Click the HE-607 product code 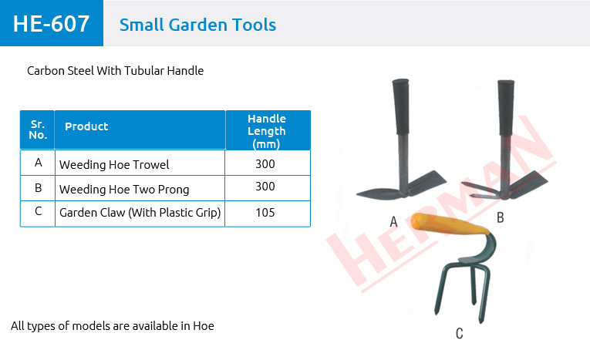[51, 24]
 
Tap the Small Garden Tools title [198, 25]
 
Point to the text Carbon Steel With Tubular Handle [115, 71]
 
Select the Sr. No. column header [38, 130]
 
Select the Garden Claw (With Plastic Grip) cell [140, 213]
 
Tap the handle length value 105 [265, 213]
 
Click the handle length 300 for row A [265, 164]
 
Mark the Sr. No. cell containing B [38, 188]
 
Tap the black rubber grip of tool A [401, 107]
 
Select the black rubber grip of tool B [506, 108]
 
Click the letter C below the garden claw [459, 333]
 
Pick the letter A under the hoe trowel [393, 221]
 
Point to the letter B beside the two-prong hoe [500, 217]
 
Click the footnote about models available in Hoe [113, 326]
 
